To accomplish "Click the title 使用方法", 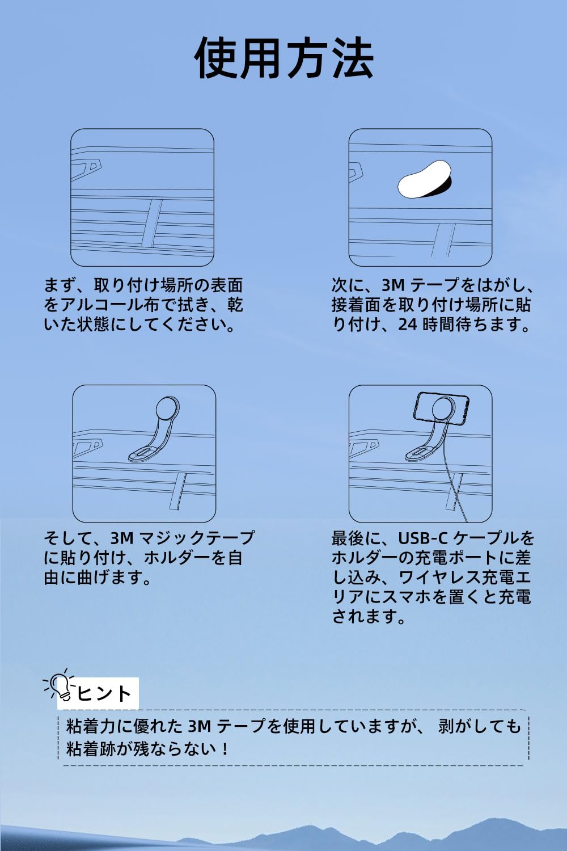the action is (x=283, y=58).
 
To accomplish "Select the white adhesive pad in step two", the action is (x=424, y=179).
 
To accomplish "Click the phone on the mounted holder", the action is (x=441, y=407).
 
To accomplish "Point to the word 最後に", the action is (x=356, y=538).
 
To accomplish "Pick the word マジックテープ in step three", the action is (x=197, y=538).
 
